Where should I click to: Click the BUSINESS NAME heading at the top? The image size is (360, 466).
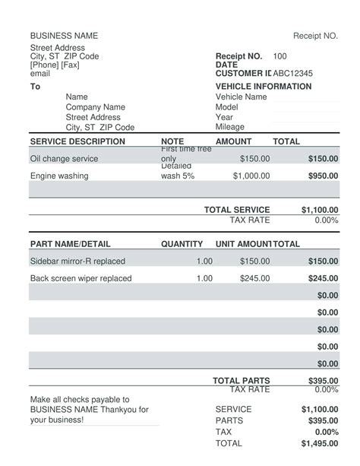click(x=64, y=36)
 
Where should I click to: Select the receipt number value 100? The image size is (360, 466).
click(x=279, y=56)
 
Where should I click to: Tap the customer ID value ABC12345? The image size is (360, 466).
click(x=292, y=74)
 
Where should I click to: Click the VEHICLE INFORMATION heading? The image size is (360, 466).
click(x=264, y=87)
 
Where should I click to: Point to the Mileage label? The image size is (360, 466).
click(x=230, y=128)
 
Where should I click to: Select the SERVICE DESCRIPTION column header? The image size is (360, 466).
click(x=77, y=141)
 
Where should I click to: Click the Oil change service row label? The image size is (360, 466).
click(x=64, y=159)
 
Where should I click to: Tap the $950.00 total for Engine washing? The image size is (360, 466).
click(x=323, y=176)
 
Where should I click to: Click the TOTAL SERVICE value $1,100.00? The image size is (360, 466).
click(x=319, y=210)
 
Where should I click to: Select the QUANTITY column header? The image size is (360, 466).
click(x=182, y=244)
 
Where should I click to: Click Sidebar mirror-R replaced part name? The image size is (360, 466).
click(x=77, y=262)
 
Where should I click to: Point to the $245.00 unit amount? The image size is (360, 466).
click(x=254, y=278)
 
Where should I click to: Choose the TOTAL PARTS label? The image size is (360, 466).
click(x=241, y=381)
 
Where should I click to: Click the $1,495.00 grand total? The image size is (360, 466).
click(x=319, y=443)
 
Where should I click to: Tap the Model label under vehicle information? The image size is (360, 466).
click(x=228, y=107)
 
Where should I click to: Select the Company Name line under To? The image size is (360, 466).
click(x=95, y=107)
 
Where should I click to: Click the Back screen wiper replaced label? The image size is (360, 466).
click(x=81, y=278)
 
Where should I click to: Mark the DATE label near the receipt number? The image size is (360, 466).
click(x=227, y=65)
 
